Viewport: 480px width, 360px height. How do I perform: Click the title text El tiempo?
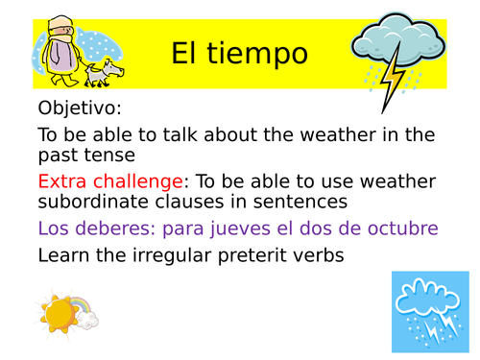(x=239, y=54)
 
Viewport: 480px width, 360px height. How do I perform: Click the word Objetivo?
(x=80, y=108)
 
